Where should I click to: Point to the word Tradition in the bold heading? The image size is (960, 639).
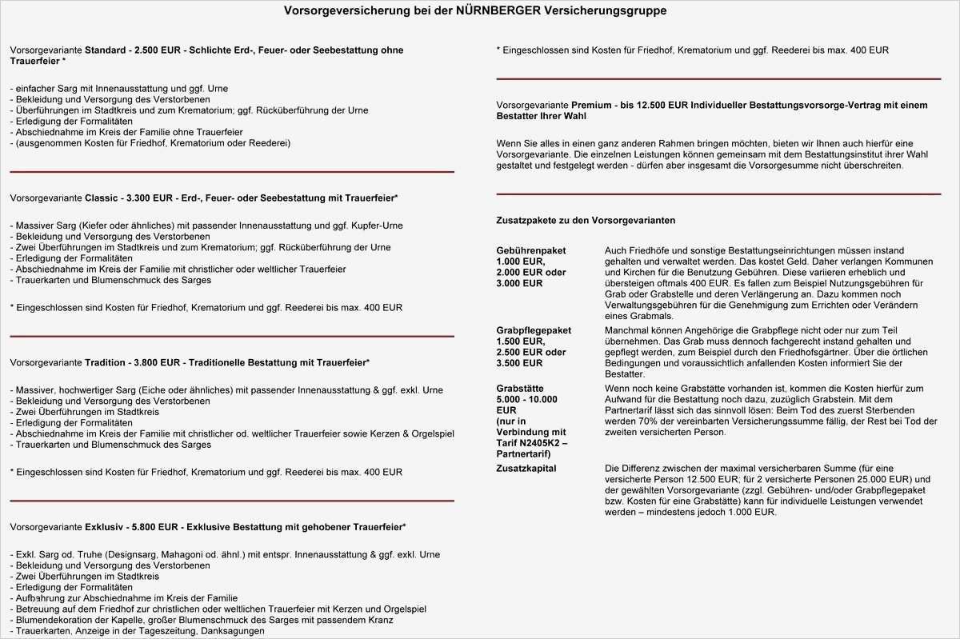tap(106, 362)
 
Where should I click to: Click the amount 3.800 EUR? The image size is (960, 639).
tap(159, 362)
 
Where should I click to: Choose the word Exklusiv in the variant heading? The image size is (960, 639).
tap(104, 527)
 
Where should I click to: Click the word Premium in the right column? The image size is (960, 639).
tap(593, 105)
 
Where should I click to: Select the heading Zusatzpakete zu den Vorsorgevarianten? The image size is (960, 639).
tap(586, 220)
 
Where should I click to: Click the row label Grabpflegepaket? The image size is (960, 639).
tap(534, 329)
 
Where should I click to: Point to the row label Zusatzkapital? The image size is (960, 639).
tap(526, 468)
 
